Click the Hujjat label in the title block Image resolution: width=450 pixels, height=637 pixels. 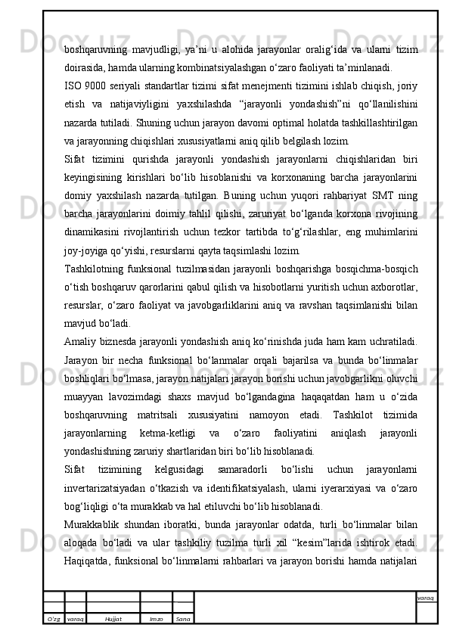(113, 619)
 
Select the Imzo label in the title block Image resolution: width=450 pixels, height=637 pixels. (156, 619)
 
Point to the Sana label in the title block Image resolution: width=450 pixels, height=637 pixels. (182, 619)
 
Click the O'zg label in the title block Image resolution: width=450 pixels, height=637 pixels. (54, 619)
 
